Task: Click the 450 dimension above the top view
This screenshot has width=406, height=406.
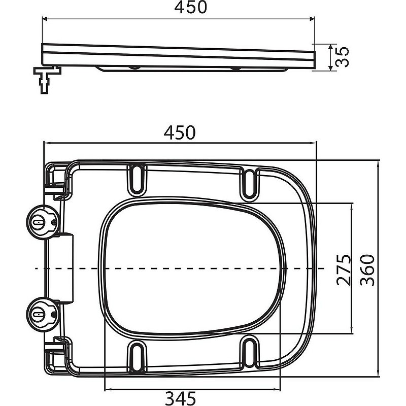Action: pos(179,132)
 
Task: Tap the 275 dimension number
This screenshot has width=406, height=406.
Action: pos(345,269)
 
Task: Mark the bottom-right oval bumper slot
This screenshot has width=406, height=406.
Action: pos(250,353)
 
